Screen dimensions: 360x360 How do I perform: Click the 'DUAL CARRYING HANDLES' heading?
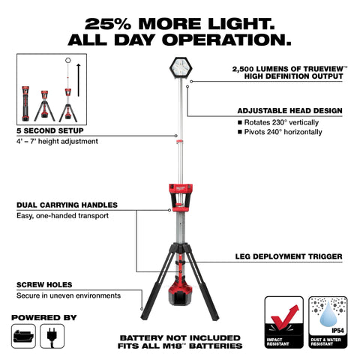pos(67,205)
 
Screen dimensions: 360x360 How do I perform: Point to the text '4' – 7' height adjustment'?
pos(56,141)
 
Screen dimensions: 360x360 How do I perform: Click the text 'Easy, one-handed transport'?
pos(63,216)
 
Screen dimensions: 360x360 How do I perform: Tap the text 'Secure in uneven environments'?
pos(68,295)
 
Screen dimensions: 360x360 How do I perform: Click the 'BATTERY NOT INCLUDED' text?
pos(179,337)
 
